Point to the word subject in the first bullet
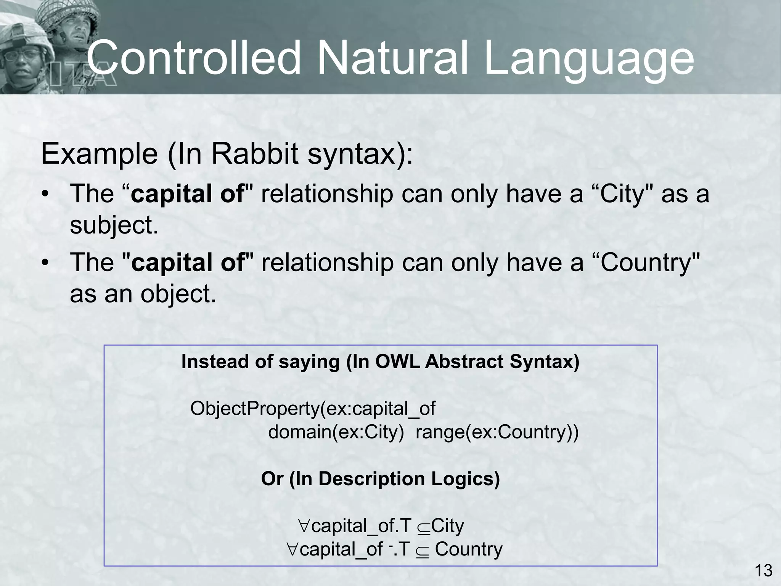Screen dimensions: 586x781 pyautogui.click(x=113, y=225)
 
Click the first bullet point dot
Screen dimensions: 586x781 pyautogui.click(x=46, y=195)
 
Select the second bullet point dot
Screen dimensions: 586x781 pyautogui.click(x=46, y=264)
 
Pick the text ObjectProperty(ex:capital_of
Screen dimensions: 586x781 pyautogui.click(x=312, y=409)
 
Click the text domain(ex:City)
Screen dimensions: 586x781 pyautogui.click(x=336, y=432)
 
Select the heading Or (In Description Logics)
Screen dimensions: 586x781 pyautogui.click(x=380, y=479)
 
